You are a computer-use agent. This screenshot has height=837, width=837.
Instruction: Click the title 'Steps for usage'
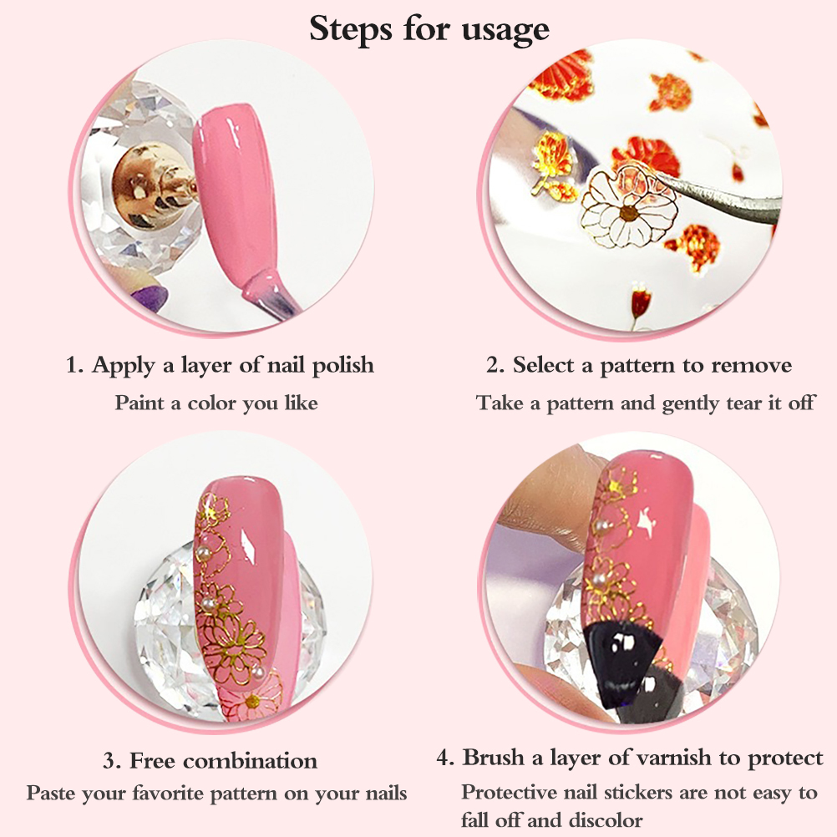[x=429, y=29]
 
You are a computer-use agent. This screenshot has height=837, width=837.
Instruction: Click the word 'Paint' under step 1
[x=139, y=403]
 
